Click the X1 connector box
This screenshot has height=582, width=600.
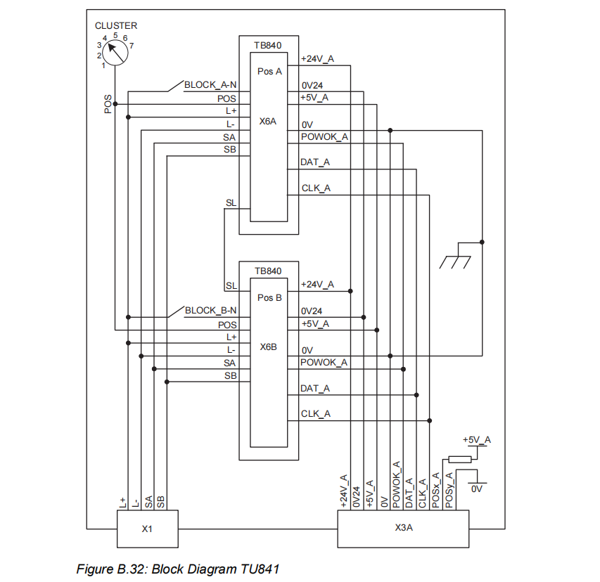[146, 528]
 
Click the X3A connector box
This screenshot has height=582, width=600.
[403, 528]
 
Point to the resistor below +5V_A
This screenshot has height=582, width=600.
[460, 460]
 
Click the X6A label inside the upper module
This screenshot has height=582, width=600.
[268, 122]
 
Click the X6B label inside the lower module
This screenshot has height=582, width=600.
[268, 347]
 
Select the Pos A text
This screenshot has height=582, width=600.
[269, 72]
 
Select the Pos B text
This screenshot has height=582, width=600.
[269, 297]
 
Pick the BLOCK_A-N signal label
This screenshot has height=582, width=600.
[210, 84]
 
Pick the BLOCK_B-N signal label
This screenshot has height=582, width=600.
[210, 310]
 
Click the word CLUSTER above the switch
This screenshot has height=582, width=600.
[116, 25]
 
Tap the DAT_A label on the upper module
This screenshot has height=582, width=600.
[315, 162]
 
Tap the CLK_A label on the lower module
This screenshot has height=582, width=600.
[316, 413]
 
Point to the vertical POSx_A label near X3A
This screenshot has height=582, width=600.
[436, 489]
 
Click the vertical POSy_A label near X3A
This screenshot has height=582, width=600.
[449, 489]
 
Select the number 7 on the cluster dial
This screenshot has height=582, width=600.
[132, 46]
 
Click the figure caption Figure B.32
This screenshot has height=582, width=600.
[182, 568]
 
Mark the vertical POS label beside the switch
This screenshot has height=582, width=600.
[108, 104]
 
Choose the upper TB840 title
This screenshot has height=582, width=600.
[268, 45]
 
